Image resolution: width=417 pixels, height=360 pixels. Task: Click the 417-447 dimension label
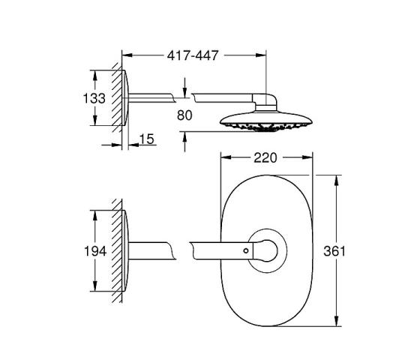[x=193, y=55]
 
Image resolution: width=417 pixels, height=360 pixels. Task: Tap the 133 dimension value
[x=94, y=98]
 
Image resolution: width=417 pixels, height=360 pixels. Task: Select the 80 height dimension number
[x=184, y=115]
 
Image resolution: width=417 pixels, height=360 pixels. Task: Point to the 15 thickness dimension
[x=147, y=139]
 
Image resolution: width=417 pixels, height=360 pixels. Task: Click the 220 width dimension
[x=265, y=157]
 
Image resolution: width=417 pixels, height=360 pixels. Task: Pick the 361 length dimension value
[x=334, y=251]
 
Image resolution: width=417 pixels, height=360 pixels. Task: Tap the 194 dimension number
[x=95, y=251]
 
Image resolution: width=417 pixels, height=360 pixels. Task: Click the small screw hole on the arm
[x=246, y=250]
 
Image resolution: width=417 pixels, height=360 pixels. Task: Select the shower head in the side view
[x=266, y=121]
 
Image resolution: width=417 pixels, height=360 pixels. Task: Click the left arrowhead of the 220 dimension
[x=226, y=157]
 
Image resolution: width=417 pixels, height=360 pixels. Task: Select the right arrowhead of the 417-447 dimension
[x=261, y=55]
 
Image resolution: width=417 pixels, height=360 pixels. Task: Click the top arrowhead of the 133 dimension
[x=94, y=76]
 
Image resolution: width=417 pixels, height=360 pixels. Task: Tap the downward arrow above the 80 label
[x=184, y=87]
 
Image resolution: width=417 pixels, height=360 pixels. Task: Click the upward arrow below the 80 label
[x=184, y=142]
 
